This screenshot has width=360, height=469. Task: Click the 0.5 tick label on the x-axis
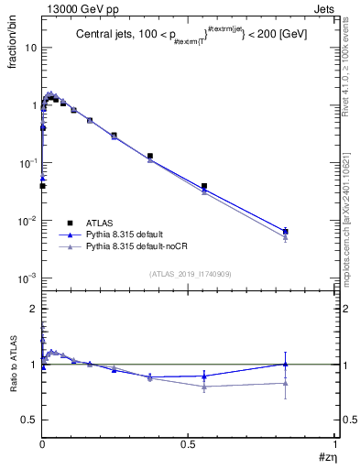coord(188,446)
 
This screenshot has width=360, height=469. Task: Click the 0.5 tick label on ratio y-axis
coord(30,419)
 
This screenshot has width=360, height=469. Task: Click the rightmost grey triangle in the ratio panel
coord(286,383)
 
